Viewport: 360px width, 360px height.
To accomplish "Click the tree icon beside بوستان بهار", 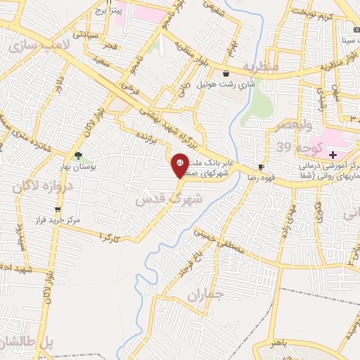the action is tap(77, 155).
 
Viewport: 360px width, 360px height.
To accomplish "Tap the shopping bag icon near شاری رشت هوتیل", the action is tap(226, 73).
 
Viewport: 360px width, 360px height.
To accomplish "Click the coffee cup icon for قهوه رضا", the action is tap(262, 167).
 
